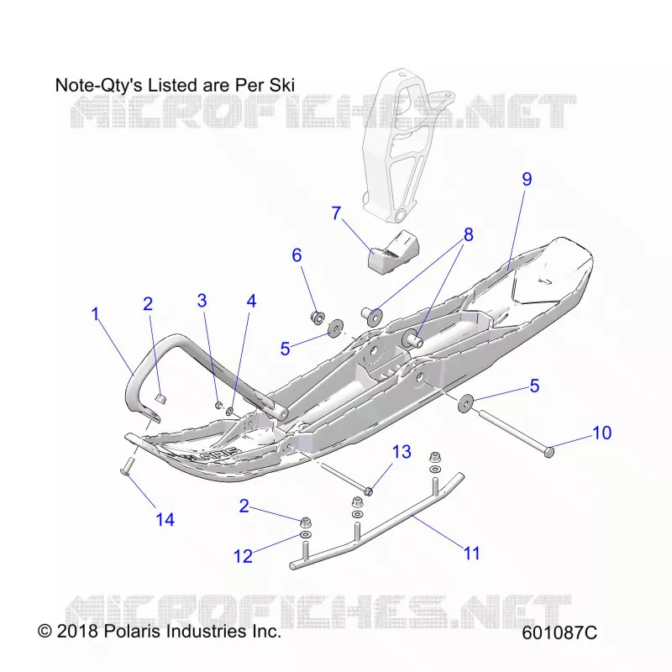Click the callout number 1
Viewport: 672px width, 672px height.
(x=96, y=314)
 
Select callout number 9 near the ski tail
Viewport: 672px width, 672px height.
(x=527, y=179)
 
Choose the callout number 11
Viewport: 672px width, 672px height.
(x=472, y=554)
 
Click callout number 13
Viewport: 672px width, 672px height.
(x=402, y=452)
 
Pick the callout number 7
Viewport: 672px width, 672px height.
(x=337, y=213)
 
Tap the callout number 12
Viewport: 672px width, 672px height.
(x=243, y=556)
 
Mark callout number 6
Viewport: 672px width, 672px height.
(x=297, y=255)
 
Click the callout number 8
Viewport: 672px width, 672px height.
(x=469, y=234)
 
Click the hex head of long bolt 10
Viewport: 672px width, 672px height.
(x=549, y=452)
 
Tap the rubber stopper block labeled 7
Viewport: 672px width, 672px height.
(x=394, y=253)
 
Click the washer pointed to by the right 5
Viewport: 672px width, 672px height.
(x=466, y=403)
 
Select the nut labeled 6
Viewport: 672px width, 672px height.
(x=318, y=318)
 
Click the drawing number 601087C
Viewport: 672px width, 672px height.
(x=559, y=633)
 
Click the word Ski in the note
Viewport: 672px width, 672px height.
(x=282, y=85)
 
